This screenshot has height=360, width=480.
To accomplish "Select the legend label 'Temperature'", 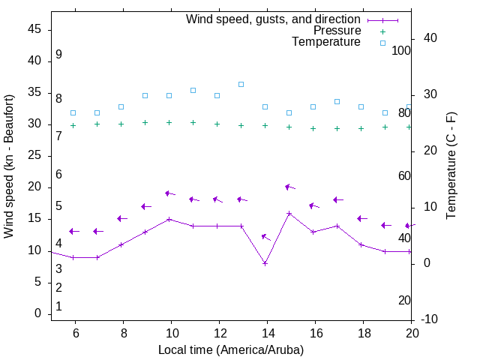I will click(x=326, y=42).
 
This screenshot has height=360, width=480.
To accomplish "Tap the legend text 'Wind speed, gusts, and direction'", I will click(x=274, y=19).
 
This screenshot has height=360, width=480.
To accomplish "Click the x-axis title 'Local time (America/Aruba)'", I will click(x=231, y=349).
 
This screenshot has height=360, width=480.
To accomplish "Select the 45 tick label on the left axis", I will click(x=34, y=29).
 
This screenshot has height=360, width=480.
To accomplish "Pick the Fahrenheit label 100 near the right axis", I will click(x=401, y=50).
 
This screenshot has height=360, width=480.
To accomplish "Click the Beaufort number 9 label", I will click(x=58, y=55).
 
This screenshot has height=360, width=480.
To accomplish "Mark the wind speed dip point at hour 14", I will click(x=265, y=263).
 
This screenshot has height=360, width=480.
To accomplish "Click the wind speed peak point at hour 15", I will click(x=289, y=213).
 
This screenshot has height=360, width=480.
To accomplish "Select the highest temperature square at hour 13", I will click(x=241, y=84).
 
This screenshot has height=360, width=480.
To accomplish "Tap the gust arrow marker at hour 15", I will click(x=289, y=187).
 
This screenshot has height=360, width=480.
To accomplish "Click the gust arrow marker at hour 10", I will click(x=169, y=193).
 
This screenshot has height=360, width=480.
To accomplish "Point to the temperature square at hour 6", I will click(x=73, y=112).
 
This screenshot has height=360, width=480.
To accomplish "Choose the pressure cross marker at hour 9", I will click(x=145, y=122).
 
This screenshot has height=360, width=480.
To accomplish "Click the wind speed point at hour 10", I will click(x=169, y=219).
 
